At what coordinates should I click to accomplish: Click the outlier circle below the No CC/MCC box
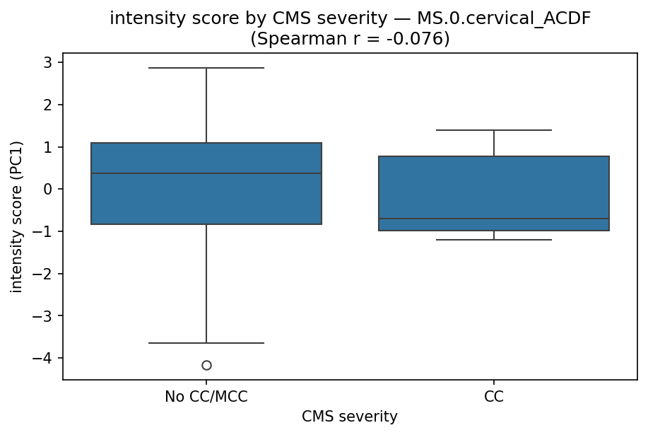pos(206,365)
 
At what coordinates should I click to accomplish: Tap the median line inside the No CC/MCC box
pos(206,173)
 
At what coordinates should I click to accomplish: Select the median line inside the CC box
pos(493,219)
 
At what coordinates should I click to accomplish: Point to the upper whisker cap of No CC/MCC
pos(206,68)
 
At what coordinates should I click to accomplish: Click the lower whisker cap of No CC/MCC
pos(206,343)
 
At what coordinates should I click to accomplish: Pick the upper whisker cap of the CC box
pos(493,130)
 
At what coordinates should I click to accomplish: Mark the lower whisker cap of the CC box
pos(493,240)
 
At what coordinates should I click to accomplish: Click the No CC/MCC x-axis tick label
pos(206,397)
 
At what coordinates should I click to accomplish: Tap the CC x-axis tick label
pos(493,397)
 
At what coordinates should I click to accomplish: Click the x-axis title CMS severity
pos(350,417)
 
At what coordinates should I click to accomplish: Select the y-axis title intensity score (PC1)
pos(16,216)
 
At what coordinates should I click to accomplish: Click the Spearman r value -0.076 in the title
pos(414,39)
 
